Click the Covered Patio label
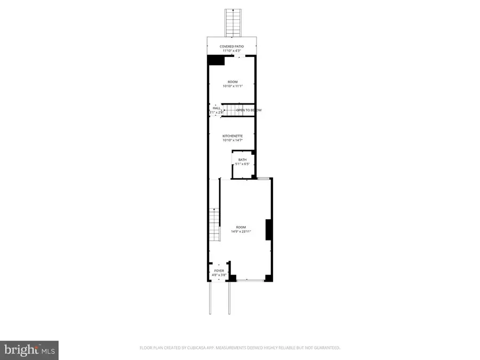[x=232, y=47]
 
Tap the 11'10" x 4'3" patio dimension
[x=232, y=51]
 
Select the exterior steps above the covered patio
[x=233, y=23]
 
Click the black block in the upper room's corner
[x=215, y=60]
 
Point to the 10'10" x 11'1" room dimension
[x=233, y=86]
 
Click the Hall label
[x=216, y=108]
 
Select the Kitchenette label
[x=233, y=136]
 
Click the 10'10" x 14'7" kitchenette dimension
[x=233, y=140]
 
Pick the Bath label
[x=242, y=160]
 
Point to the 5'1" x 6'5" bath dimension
[x=242, y=164]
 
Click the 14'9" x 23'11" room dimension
[x=241, y=231]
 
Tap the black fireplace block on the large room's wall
[x=269, y=229]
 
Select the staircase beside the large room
[x=214, y=224]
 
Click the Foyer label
[x=219, y=271]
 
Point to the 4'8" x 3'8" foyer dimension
[x=219, y=275]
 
